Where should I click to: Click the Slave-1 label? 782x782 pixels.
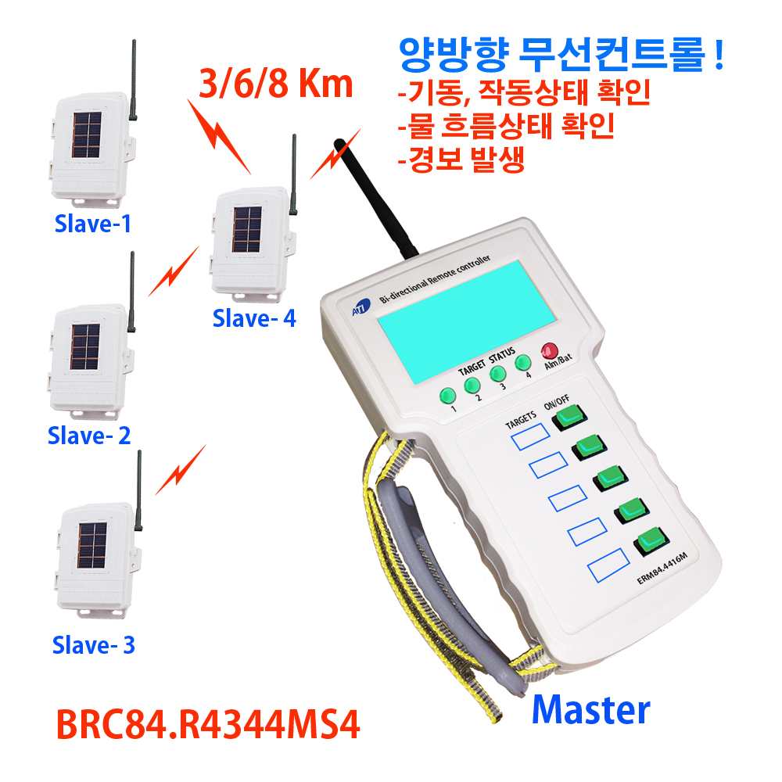(x=93, y=223)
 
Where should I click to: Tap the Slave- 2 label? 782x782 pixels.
(x=89, y=436)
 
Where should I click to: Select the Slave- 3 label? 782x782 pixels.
(x=94, y=645)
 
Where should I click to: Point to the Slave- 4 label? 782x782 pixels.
(x=254, y=317)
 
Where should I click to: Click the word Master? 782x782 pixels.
(x=591, y=710)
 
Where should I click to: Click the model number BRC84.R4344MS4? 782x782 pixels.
(x=208, y=724)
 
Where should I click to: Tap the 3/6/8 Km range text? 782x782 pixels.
(x=276, y=84)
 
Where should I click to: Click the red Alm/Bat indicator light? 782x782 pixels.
(x=550, y=350)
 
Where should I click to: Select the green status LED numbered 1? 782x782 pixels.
(x=448, y=396)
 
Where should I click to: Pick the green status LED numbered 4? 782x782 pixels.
(x=522, y=363)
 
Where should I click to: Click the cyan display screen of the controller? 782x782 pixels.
(x=466, y=321)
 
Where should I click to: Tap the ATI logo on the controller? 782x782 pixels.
(x=361, y=307)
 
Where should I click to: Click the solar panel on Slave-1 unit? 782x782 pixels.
(x=88, y=135)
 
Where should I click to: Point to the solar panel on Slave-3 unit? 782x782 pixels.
(x=92, y=546)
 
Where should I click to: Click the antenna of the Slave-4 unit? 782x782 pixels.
(x=294, y=174)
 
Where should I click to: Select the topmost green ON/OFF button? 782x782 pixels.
(x=569, y=417)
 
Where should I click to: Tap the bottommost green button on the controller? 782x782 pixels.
(x=651, y=540)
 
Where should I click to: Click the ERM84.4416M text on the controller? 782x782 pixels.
(x=662, y=568)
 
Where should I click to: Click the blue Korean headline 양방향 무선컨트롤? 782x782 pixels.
(x=561, y=55)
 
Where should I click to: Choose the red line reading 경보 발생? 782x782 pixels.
(x=461, y=160)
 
